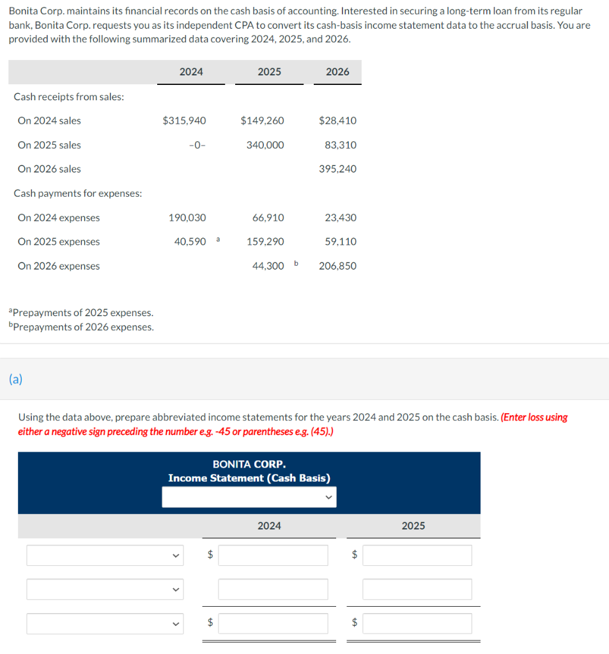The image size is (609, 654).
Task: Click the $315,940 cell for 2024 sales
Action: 185,121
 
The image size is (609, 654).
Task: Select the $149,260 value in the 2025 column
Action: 263,121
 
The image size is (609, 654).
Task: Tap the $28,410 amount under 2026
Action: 337,121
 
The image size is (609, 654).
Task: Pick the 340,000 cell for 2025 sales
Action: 265,145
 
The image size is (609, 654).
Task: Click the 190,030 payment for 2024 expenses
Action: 187,218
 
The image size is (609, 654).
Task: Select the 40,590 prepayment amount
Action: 190,242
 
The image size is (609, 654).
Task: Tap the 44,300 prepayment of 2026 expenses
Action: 268,266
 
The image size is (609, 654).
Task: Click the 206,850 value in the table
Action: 338,266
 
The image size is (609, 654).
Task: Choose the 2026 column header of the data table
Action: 337,72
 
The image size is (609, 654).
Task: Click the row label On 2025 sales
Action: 49,145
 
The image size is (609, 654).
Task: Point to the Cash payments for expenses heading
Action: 78,194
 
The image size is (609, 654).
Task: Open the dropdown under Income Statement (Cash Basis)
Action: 249,497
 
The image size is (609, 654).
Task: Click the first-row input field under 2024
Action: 273,555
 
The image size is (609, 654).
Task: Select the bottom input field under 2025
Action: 417,623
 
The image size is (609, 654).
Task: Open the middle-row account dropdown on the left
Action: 105,589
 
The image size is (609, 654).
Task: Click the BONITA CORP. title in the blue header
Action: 249,464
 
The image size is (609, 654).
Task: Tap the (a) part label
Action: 15,379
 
